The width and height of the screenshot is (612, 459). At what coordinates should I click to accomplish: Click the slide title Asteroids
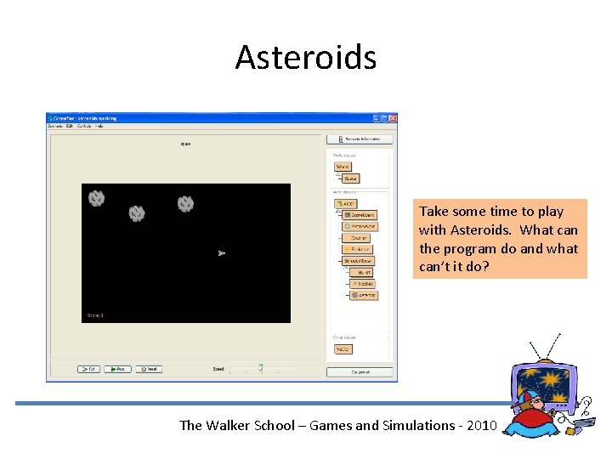305,57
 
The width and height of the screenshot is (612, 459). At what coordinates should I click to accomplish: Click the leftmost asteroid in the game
96,198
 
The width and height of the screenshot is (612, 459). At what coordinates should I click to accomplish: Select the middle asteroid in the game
137,213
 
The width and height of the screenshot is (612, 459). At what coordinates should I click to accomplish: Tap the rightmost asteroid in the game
185,204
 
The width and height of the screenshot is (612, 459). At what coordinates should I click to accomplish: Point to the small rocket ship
221,252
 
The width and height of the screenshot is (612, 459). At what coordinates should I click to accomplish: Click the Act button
88,369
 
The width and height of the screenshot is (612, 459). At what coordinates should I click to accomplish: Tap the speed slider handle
260,368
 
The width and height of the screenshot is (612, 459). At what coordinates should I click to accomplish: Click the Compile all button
359,371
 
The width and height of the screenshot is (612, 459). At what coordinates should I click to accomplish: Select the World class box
343,167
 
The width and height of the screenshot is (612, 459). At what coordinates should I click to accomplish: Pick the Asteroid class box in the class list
364,295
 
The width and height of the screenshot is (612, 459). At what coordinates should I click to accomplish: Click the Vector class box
343,348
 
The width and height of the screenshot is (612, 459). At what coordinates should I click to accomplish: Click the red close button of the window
393,118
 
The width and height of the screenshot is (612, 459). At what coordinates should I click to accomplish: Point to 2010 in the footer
478,425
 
